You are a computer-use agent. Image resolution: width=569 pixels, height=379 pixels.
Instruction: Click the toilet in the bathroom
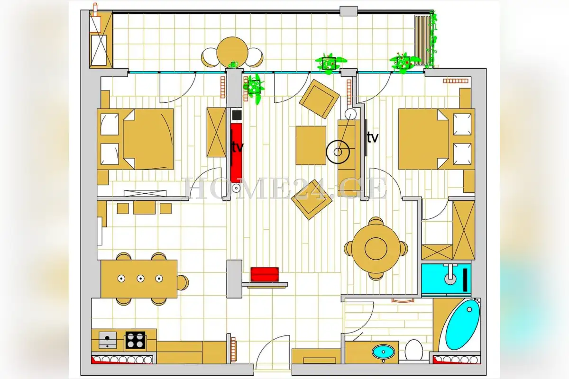[413, 350]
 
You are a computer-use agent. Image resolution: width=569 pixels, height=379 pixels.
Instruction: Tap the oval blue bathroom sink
[383, 352]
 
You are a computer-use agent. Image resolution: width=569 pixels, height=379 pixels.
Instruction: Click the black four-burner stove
[135, 340]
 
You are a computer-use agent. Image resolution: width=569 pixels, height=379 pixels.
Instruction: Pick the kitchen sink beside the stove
[108, 340]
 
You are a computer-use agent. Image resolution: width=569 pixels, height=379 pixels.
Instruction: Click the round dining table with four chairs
[376, 249]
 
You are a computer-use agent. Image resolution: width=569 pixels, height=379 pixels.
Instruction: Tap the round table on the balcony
[232, 52]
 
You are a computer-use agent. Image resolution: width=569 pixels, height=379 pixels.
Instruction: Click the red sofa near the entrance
[265, 274]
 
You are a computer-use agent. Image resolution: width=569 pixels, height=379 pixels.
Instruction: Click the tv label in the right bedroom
[373, 138]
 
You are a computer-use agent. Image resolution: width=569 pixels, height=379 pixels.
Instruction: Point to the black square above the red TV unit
[237, 115]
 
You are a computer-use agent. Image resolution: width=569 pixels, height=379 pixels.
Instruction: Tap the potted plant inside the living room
[254, 88]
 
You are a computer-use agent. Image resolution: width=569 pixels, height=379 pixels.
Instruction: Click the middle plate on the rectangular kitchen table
[140, 279]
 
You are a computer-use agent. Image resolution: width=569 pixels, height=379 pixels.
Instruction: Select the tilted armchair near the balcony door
[319, 99]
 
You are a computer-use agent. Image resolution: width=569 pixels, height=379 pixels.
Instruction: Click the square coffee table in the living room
[311, 145]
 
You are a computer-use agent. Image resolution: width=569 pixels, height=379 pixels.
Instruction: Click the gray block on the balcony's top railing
[349, 11]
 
